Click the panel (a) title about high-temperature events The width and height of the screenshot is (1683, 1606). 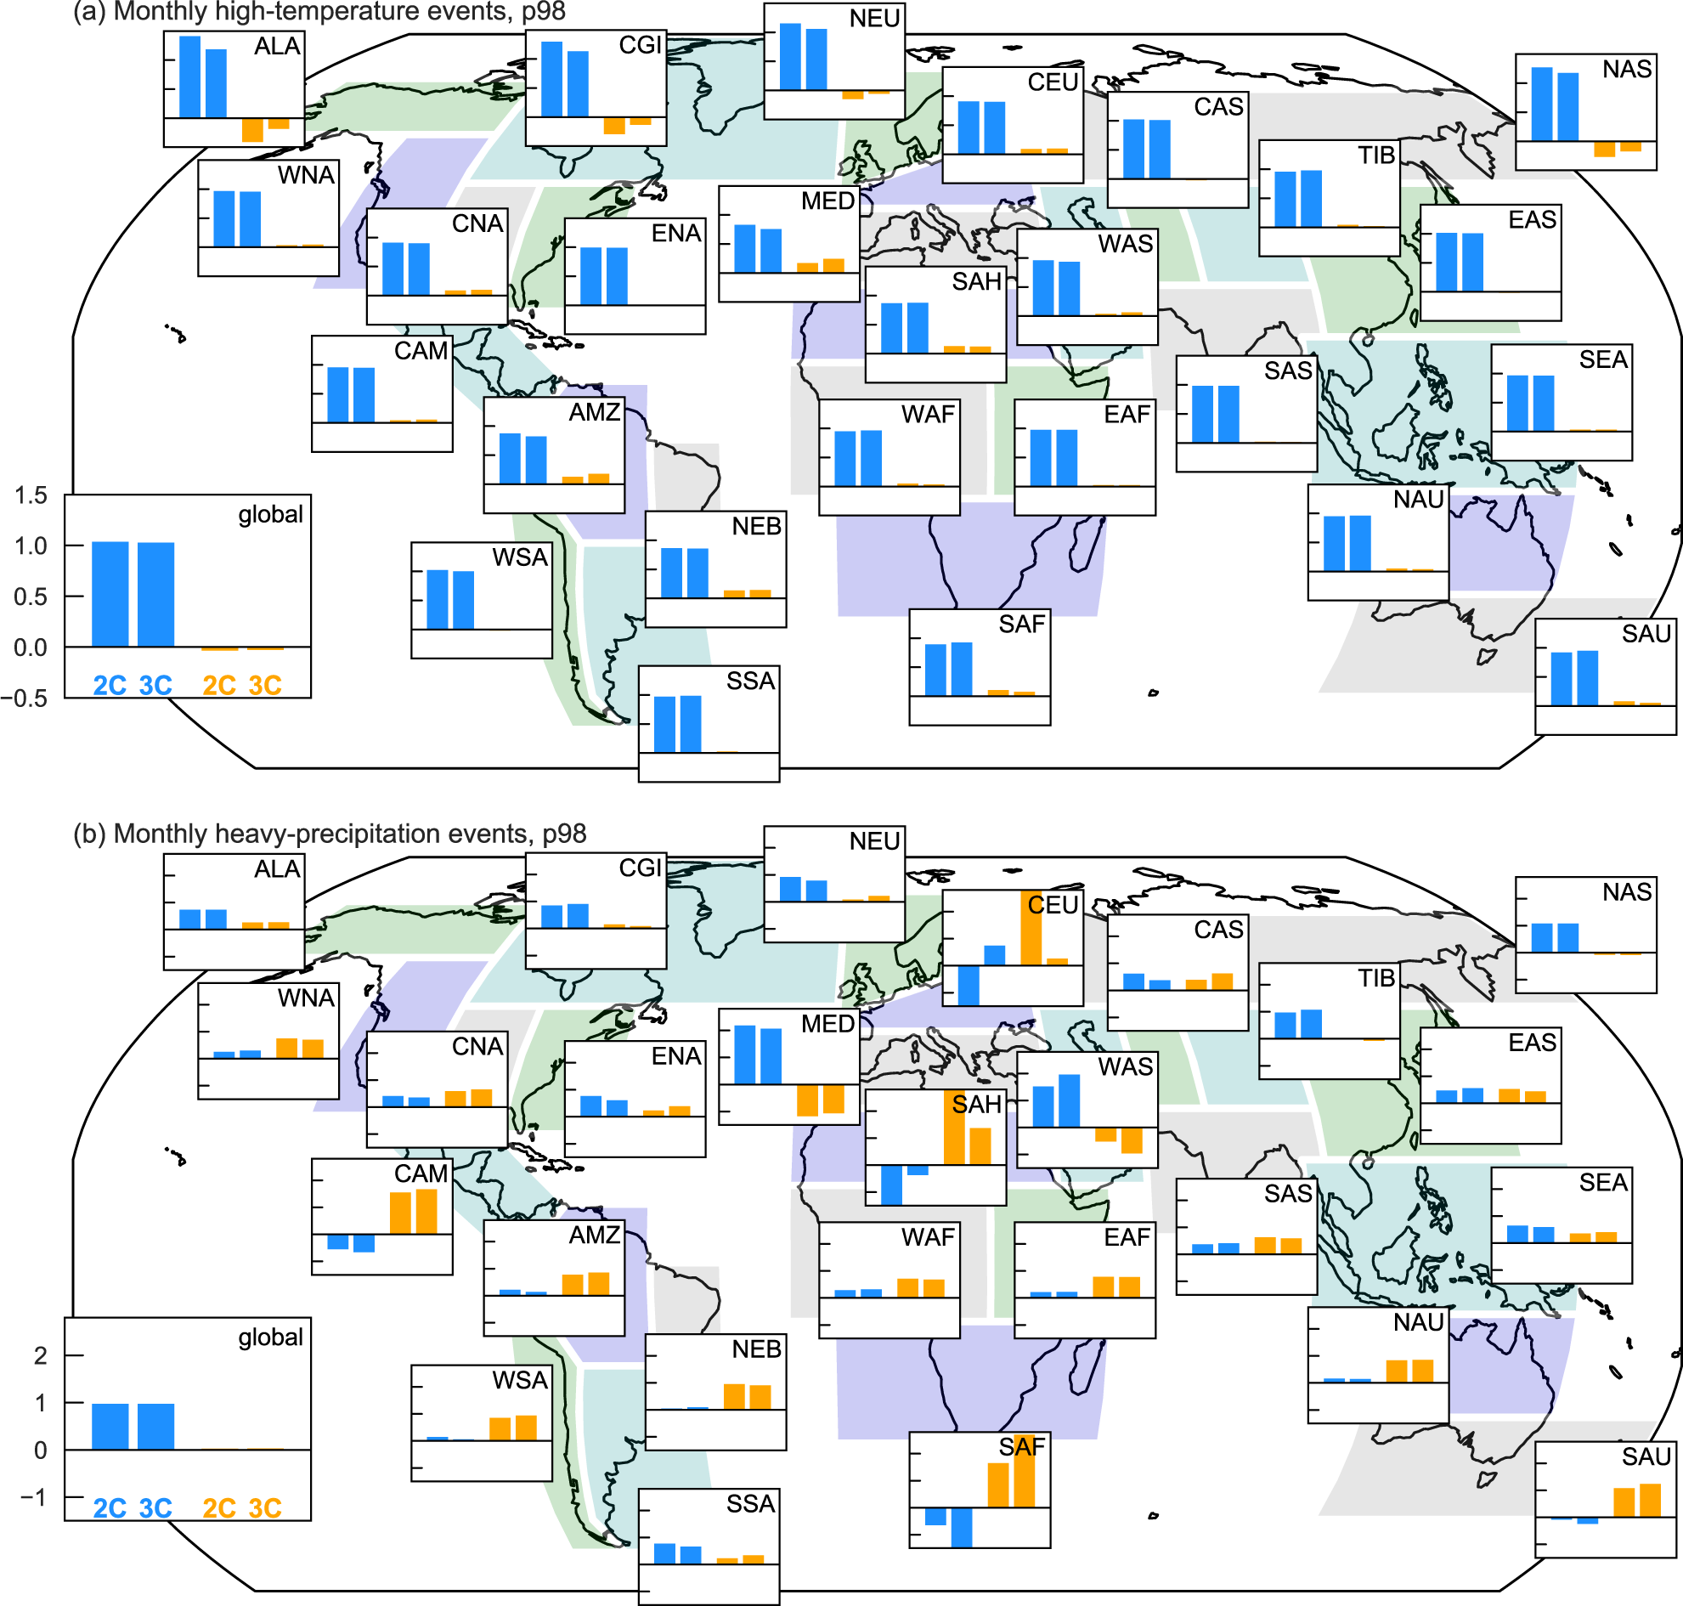[319, 12]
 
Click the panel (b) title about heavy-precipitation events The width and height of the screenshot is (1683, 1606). [330, 834]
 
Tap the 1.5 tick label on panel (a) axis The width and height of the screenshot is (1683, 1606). [31, 495]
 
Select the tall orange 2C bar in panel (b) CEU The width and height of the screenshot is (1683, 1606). [1031, 928]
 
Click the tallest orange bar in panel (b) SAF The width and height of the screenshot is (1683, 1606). [1024, 1471]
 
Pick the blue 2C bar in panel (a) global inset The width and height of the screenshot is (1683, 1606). [110, 594]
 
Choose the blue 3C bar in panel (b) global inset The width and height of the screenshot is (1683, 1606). [155, 1427]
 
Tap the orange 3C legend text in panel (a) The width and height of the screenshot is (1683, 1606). [264, 686]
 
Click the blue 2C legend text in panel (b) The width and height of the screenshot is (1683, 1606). [110, 1508]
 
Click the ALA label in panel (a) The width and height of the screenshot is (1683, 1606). [276, 46]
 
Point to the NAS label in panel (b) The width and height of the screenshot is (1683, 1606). [1626, 892]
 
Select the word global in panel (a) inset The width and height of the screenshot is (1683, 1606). [270, 514]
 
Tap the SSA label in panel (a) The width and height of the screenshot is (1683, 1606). [750, 681]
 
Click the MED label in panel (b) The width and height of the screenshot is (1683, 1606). [827, 1024]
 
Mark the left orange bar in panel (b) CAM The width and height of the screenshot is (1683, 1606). [400, 1213]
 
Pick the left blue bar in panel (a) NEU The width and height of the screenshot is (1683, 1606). [790, 56]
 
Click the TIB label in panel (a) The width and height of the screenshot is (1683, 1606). [1375, 156]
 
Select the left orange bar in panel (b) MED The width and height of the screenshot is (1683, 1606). [806, 1100]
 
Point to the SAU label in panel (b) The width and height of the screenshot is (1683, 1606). [1646, 1457]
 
